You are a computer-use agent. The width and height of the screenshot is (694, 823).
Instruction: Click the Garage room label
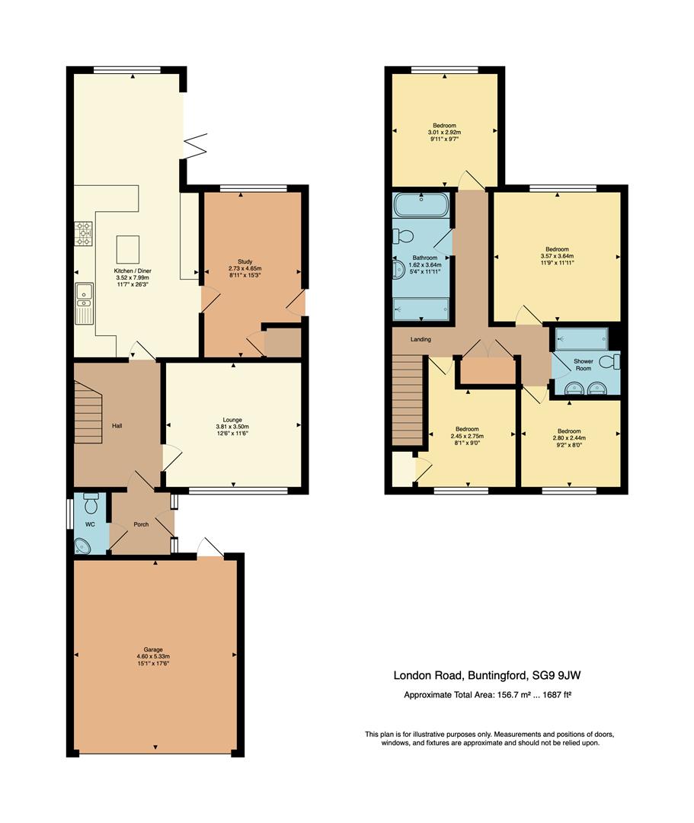click(155, 649)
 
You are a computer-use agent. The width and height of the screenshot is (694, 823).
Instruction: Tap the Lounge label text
click(232, 419)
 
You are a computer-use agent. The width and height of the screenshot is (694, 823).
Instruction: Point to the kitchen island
click(127, 248)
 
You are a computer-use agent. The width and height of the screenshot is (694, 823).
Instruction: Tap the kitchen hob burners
click(83, 233)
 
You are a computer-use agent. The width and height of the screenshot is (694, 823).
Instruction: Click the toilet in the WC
click(91, 504)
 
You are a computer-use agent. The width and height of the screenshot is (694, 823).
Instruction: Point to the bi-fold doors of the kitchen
click(195, 145)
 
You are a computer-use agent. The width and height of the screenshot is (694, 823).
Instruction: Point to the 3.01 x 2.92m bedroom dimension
click(444, 132)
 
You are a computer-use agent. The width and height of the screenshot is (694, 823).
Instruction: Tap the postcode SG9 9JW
click(563, 674)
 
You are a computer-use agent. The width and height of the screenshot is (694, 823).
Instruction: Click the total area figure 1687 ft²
click(552, 694)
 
